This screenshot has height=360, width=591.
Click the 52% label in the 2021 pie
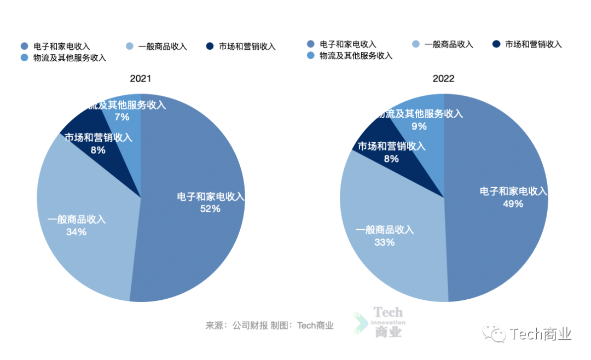point(210,208)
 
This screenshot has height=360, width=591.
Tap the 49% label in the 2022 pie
point(513,204)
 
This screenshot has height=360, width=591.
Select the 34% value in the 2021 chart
point(76,232)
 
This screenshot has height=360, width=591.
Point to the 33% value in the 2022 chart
point(384,242)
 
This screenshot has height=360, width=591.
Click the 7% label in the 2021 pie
point(121,117)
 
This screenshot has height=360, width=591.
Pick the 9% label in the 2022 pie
point(419,126)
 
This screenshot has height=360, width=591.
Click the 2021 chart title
point(141,79)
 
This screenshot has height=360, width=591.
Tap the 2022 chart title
point(443,79)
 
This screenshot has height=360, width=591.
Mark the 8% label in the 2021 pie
point(99,149)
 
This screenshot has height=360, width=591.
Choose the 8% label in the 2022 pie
point(391,159)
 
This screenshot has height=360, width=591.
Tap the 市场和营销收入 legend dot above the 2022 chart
point(496,44)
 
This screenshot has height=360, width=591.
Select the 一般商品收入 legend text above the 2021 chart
point(163,47)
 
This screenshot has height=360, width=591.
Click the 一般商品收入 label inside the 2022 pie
point(385,230)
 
